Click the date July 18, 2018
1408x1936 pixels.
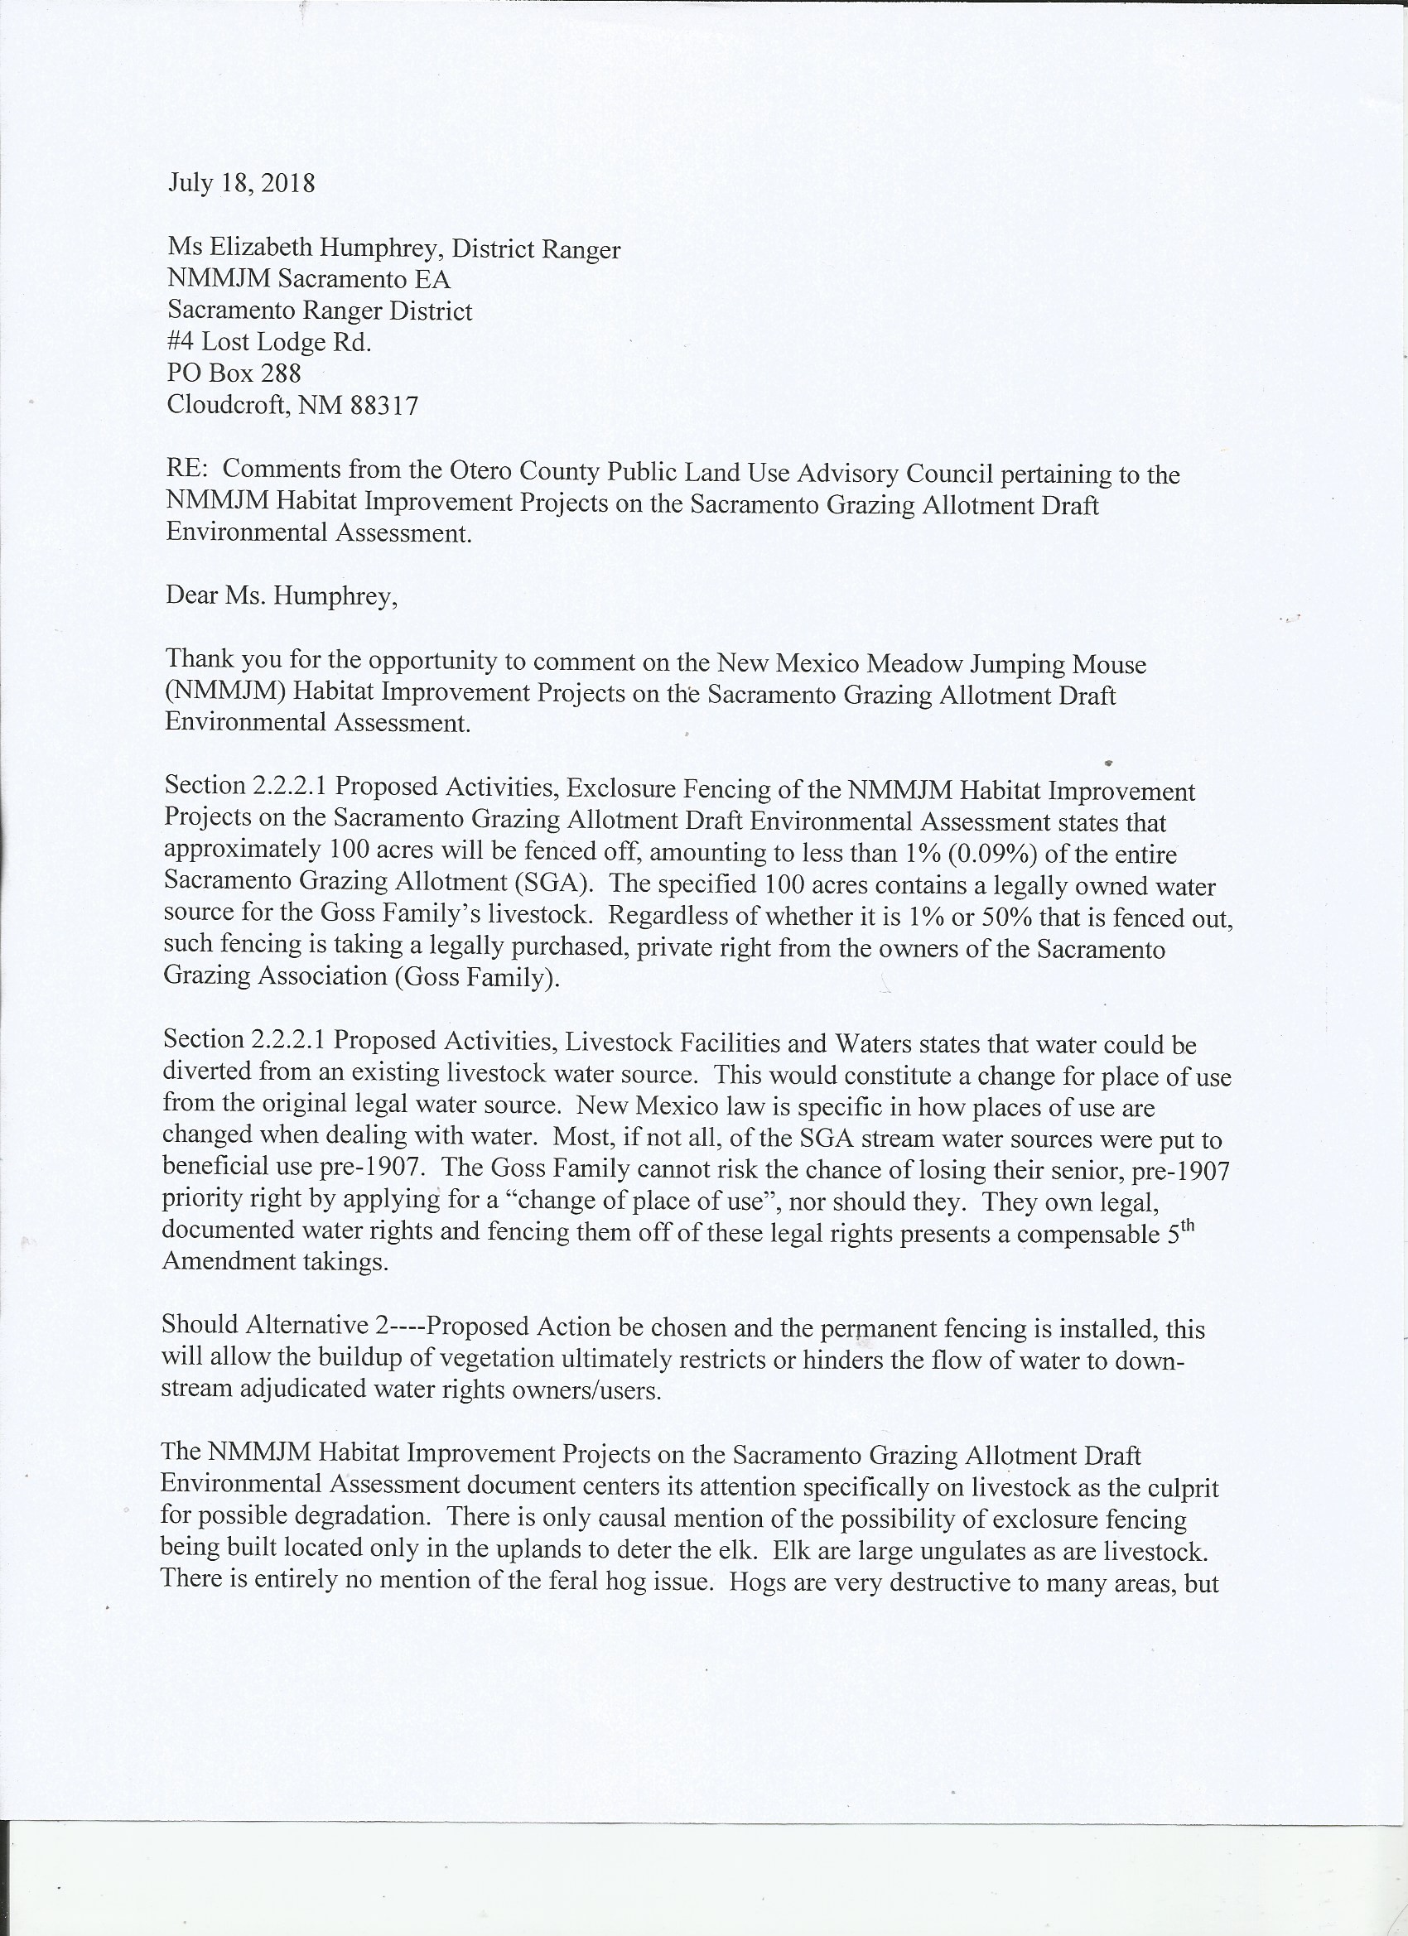(242, 184)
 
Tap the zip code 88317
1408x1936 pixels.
(383, 405)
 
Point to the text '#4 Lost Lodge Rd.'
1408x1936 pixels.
(269, 342)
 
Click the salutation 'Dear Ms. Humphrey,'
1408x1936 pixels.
(282, 596)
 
